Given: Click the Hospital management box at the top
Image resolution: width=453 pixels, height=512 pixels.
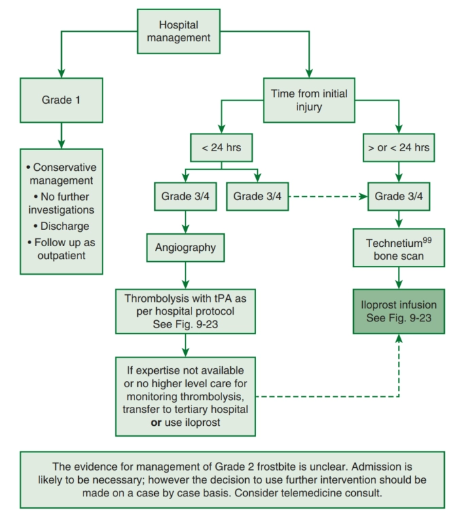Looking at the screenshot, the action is (x=179, y=31).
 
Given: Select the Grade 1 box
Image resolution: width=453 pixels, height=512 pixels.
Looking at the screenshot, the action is (x=62, y=100).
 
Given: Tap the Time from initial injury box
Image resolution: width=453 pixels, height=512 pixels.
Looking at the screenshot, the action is (x=309, y=100).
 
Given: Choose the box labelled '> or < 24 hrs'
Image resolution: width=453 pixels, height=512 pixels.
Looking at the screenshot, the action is (x=399, y=148).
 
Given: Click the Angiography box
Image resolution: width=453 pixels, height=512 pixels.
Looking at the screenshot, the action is (x=185, y=248).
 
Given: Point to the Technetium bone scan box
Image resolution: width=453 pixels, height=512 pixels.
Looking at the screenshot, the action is (x=399, y=248).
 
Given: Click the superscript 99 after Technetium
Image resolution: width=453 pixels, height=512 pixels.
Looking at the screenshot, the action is (x=427, y=240).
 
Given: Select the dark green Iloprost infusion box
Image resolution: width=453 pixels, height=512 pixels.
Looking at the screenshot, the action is (x=399, y=311).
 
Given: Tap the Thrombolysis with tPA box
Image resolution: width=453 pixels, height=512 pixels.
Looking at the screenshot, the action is (x=185, y=311).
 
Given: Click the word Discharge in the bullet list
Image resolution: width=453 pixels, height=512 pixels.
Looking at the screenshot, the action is (x=65, y=226).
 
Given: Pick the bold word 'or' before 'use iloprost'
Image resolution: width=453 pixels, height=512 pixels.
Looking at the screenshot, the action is (x=156, y=422).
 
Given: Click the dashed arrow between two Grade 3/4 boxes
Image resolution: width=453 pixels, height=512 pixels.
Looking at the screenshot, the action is (x=328, y=197).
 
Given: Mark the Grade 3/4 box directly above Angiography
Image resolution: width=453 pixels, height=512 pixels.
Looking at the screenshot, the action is (x=185, y=196).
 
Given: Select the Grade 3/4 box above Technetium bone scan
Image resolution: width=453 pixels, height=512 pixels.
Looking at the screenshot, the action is (x=399, y=196).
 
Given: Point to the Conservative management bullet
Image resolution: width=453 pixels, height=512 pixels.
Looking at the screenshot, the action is (x=62, y=174).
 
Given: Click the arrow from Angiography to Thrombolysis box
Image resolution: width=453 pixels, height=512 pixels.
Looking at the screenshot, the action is (x=185, y=275).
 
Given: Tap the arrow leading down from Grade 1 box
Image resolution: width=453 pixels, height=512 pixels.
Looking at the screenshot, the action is (x=62, y=136).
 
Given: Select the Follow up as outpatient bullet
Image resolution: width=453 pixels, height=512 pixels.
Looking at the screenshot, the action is (x=62, y=249).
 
